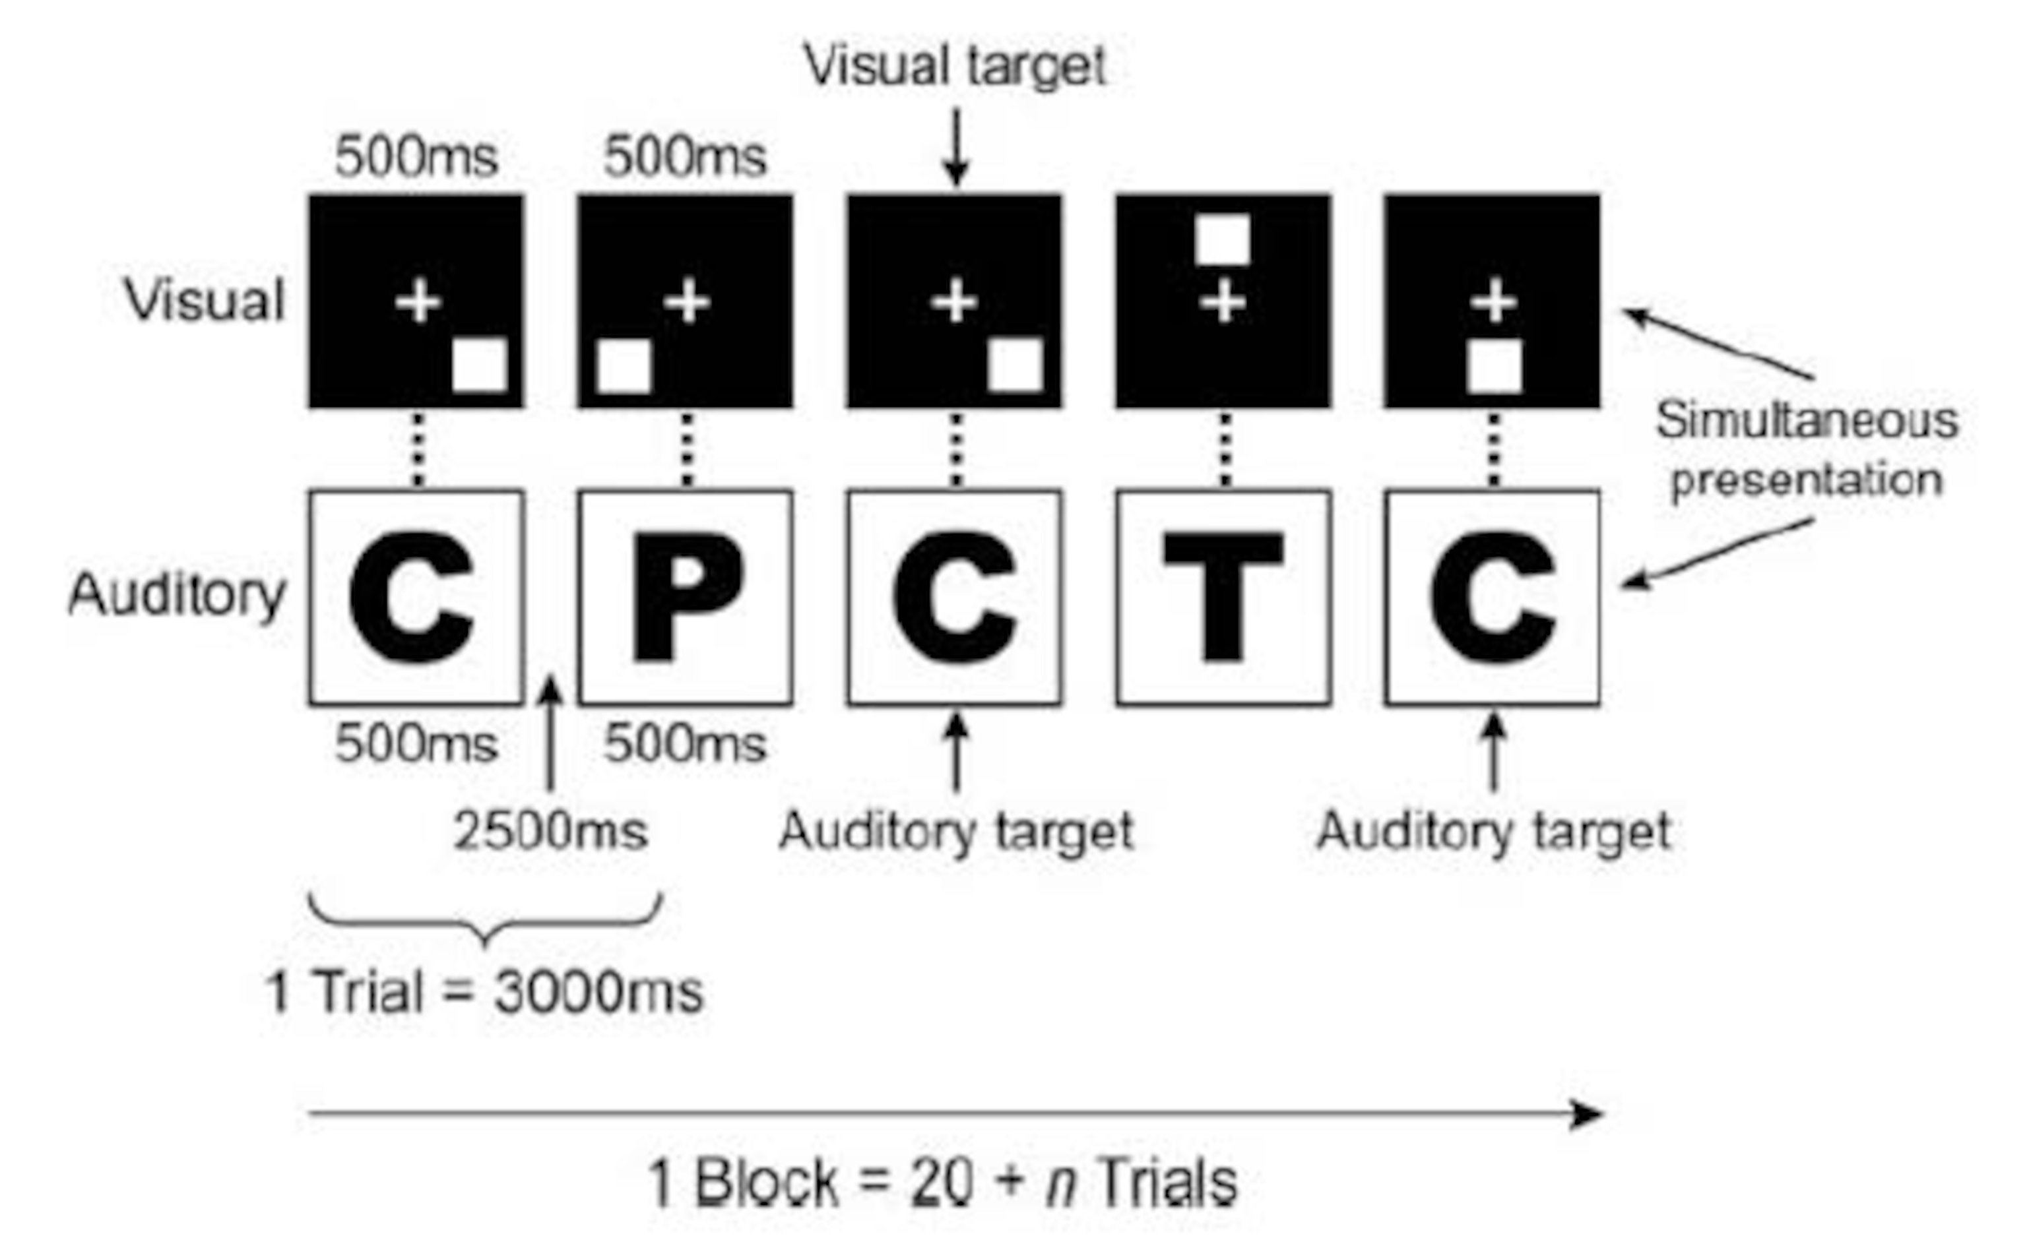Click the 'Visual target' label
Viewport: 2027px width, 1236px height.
click(x=954, y=66)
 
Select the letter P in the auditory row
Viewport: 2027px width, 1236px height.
click(x=686, y=597)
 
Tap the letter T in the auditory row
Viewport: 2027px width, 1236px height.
click(x=1223, y=597)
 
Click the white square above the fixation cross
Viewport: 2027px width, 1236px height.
click(x=1223, y=240)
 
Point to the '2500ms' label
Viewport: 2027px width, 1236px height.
click(x=550, y=830)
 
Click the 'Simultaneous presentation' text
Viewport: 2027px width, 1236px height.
click(x=1807, y=449)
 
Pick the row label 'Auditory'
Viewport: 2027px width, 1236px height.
click(x=177, y=594)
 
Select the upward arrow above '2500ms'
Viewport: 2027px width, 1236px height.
click(x=550, y=732)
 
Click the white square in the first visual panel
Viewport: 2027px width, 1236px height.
click(x=480, y=365)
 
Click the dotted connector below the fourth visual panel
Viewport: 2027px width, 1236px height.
click(x=1225, y=449)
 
